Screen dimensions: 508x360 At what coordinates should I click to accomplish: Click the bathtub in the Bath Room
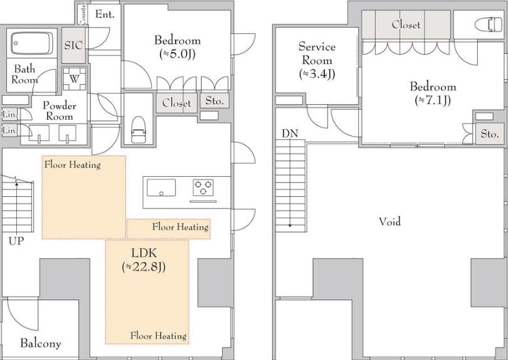(x=32, y=43)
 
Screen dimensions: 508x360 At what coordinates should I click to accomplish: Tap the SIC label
(x=73, y=45)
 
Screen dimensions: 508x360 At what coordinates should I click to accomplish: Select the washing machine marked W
(x=75, y=79)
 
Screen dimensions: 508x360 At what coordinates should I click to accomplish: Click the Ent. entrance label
(x=105, y=14)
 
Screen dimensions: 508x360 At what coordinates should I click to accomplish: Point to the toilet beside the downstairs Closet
(x=139, y=129)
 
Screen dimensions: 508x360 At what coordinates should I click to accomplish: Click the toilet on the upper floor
(x=488, y=24)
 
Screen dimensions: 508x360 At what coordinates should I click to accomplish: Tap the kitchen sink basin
(x=161, y=188)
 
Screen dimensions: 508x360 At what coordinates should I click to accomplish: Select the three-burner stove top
(x=203, y=188)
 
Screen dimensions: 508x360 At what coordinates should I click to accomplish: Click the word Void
(x=389, y=221)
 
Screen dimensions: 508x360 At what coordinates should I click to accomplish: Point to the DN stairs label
(x=290, y=133)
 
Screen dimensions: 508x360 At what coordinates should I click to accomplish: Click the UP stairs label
(x=16, y=241)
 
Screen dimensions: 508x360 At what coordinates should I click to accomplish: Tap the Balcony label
(x=41, y=343)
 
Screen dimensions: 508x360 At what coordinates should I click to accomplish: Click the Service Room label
(x=317, y=53)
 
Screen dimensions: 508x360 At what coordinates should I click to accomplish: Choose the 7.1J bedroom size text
(x=433, y=100)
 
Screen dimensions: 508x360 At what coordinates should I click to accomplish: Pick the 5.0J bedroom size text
(x=177, y=54)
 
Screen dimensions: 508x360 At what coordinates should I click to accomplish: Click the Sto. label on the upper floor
(x=490, y=134)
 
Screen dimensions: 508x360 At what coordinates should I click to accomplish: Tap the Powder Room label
(x=60, y=111)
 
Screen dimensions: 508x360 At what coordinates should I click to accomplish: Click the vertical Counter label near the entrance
(x=83, y=14)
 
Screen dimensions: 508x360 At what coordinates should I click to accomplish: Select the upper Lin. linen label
(x=9, y=114)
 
